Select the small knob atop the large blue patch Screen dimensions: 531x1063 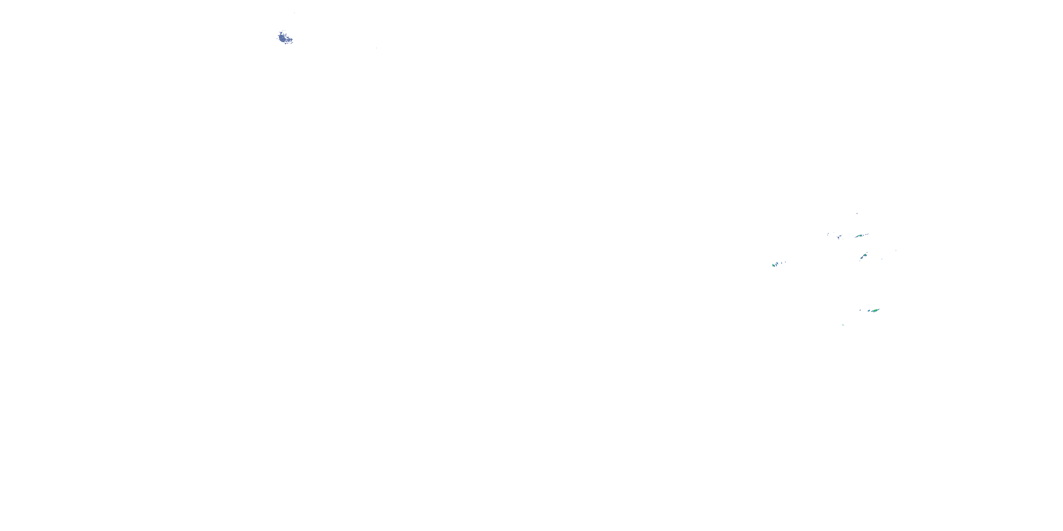(x=281, y=32)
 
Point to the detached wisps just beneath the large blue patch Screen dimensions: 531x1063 (x=286, y=43)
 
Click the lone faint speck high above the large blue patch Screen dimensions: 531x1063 (x=294, y=13)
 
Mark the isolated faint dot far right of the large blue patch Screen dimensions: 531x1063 (x=376, y=48)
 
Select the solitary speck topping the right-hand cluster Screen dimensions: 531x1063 (x=857, y=213)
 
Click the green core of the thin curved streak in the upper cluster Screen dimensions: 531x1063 (x=859, y=236)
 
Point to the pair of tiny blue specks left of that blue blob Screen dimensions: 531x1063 (x=828, y=234)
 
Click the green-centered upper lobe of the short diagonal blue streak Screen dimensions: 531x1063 (x=865, y=255)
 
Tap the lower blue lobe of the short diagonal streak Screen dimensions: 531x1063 (x=862, y=258)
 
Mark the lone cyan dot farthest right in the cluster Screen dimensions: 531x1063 (x=896, y=250)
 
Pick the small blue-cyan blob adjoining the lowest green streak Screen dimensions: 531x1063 (x=868, y=311)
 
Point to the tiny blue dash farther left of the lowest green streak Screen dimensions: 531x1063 (x=860, y=310)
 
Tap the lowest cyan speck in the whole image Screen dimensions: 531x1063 (x=843, y=325)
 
